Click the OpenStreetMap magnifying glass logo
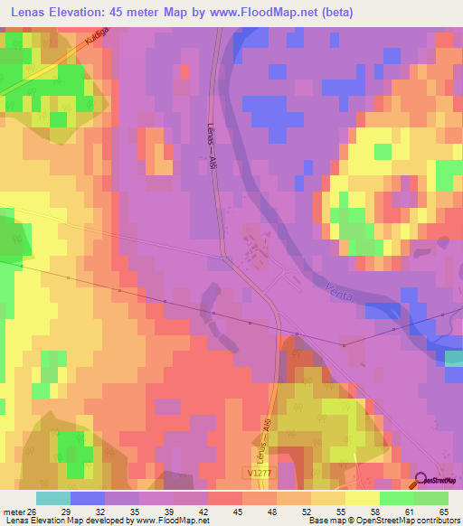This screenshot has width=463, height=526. (x=421, y=480)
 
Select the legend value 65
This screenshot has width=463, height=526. (x=443, y=511)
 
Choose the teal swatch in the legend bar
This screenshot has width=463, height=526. (x=52, y=498)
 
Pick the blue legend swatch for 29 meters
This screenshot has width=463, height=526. (x=87, y=498)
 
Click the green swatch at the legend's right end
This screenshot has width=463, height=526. (x=430, y=498)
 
